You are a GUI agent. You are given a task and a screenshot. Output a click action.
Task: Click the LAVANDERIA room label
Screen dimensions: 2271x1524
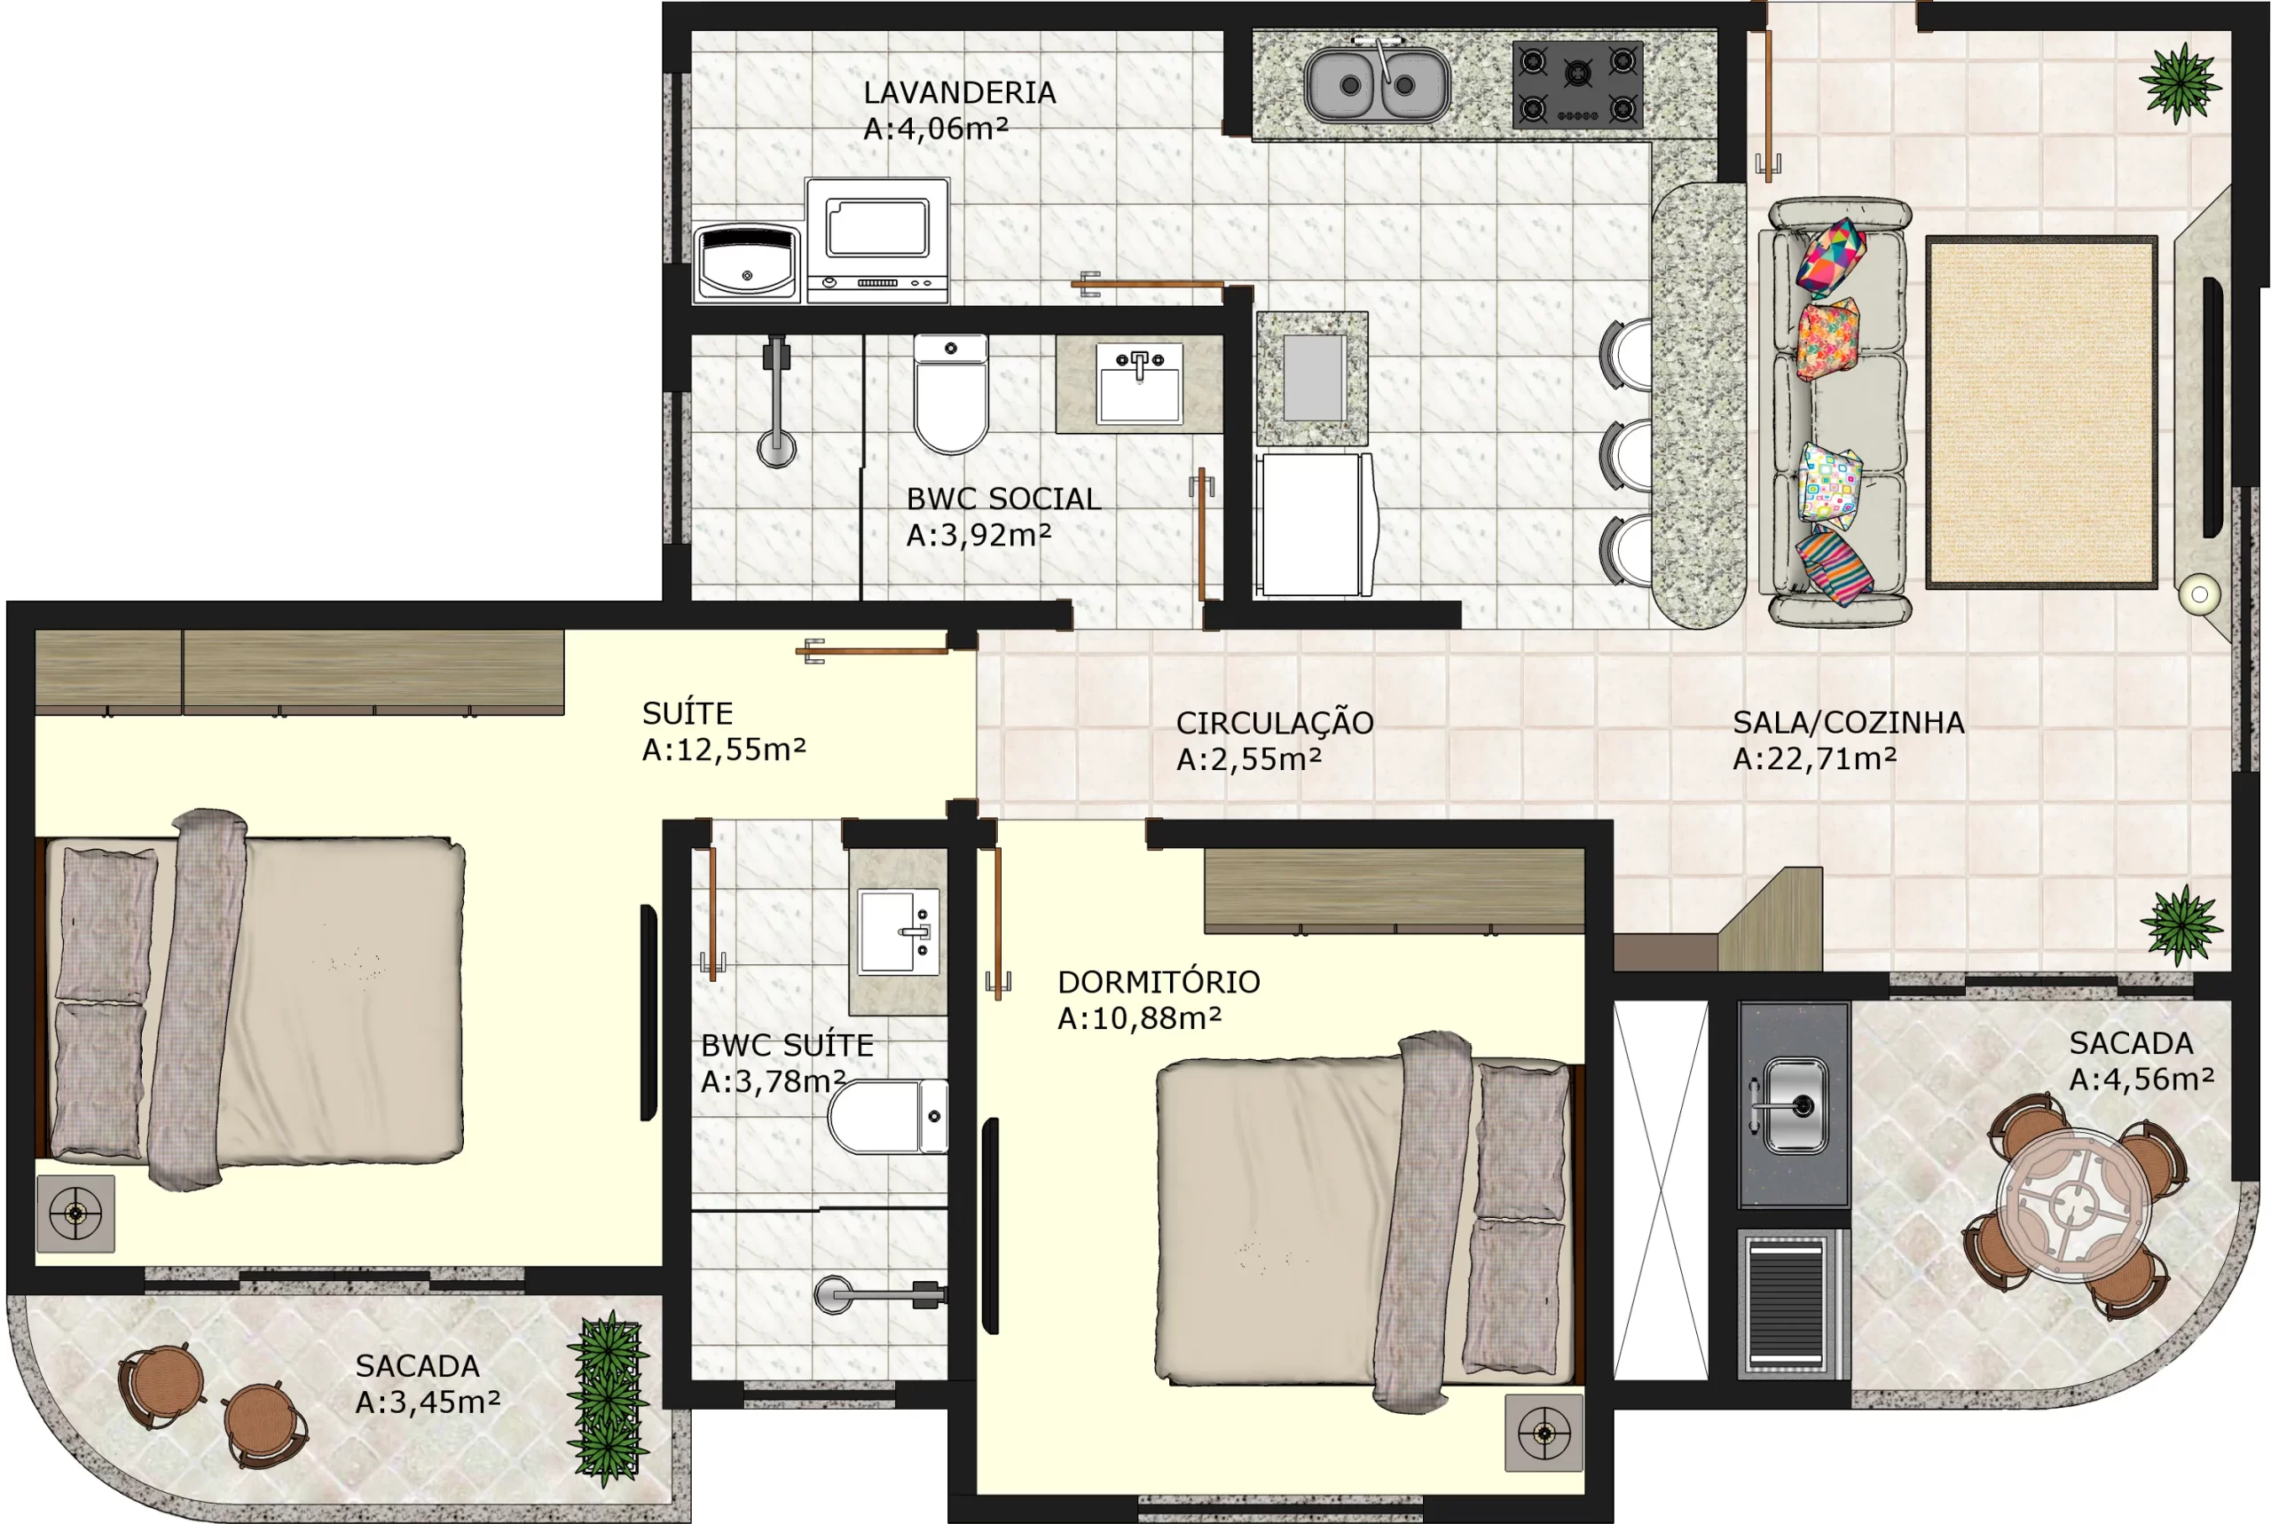click(x=959, y=92)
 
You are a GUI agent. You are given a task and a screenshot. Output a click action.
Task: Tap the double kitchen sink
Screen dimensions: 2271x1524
click(x=1377, y=84)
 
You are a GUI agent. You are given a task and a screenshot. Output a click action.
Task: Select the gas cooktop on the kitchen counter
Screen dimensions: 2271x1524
click(x=1577, y=84)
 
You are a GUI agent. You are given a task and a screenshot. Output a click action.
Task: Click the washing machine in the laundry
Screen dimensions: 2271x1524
click(x=877, y=240)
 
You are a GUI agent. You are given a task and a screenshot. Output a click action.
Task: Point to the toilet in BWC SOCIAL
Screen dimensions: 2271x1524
click(x=950, y=394)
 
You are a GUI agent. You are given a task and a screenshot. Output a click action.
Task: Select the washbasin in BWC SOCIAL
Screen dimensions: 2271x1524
click(x=1139, y=383)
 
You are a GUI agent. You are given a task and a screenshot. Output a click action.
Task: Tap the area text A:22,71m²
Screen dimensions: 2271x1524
click(x=1814, y=758)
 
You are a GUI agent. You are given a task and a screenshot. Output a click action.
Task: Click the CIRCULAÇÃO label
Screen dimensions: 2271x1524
click(x=1274, y=722)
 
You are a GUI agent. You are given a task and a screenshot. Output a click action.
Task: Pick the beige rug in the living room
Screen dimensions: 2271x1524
click(x=2041, y=412)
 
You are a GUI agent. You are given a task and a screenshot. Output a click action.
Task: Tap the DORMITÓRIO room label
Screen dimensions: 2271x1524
click(x=1159, y=982)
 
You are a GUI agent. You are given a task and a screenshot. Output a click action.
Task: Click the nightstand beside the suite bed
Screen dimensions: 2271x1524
click(x=75, y=1213)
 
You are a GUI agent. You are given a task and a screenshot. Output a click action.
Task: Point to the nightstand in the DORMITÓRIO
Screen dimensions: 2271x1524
click(x=1544, y=1433)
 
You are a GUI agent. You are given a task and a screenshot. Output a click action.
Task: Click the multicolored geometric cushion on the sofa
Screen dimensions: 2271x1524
click(x=1831, y=256)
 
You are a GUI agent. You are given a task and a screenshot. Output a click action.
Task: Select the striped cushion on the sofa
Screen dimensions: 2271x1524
click(x=1834, y=567)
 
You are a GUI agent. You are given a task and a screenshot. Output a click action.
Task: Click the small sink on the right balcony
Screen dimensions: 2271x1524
click(x=1794, y=1105)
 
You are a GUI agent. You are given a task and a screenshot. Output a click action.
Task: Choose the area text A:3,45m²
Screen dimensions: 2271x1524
click(x=428, y=1402)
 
